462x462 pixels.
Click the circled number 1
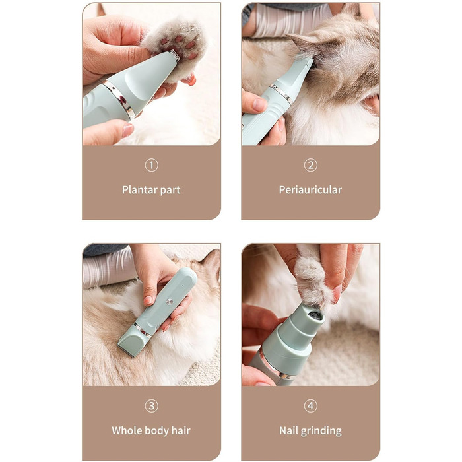click(x=151, y=165)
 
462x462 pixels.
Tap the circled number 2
click(x=311, y=165)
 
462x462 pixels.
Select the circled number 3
click(x=151, y=406)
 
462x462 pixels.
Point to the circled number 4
click(x=311, y=406)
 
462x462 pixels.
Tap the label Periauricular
click(x=311, y=190)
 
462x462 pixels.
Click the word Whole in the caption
click(x=125, y=430)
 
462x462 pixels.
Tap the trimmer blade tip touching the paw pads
click(x=174, y=55)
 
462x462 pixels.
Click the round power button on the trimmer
click(x=169, y=301)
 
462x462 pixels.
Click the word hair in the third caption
click(x=181, y=430)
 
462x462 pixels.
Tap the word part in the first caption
click(x=170, y=190)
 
